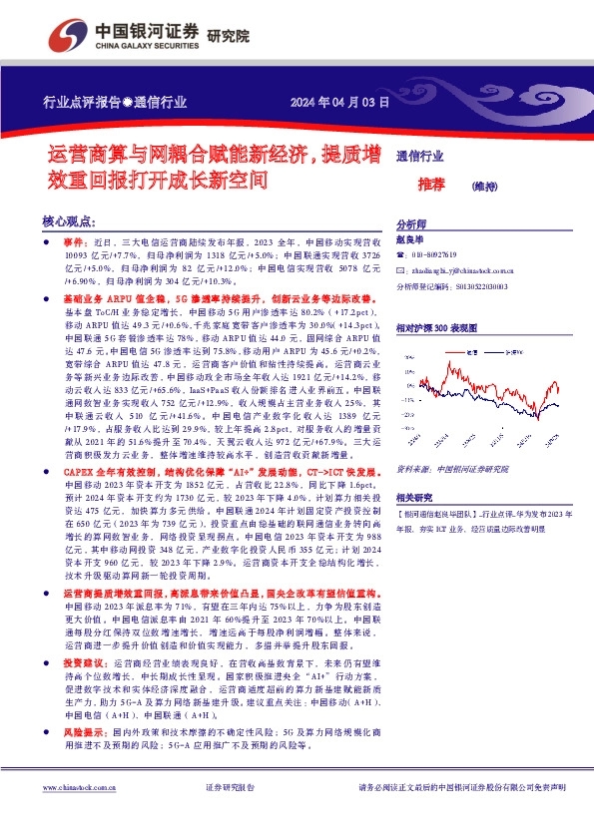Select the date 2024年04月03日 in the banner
338,103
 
